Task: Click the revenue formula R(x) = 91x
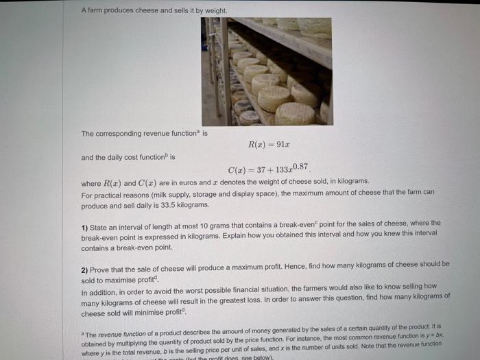pyautogui.click(x=265, y=145)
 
